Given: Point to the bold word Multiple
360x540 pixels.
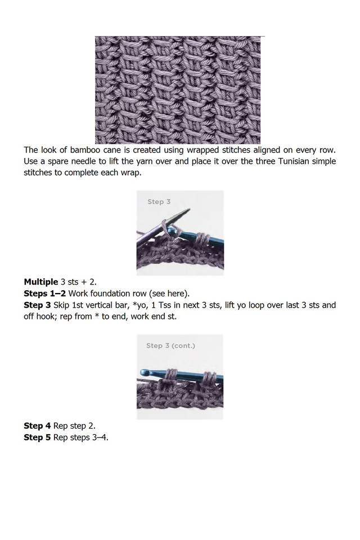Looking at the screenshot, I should click(40, 281).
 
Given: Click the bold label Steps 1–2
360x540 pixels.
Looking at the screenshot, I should click(45, 293).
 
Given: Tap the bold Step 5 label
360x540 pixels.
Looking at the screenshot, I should click(41, 437).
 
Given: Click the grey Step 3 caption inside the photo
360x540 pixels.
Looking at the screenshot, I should click(159, 201).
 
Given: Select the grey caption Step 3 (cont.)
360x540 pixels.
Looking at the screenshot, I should click(170, 345).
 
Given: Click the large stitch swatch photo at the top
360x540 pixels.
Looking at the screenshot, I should click(179, 90).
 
